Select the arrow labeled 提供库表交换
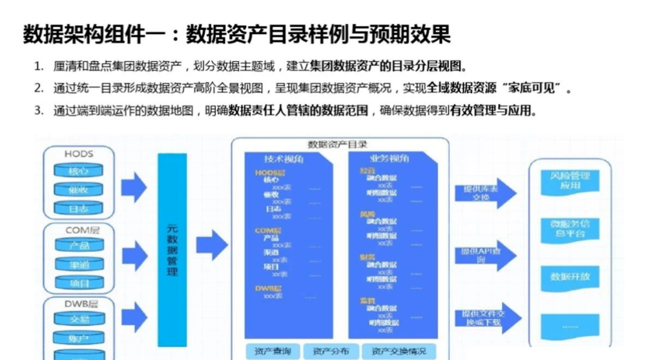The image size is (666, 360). [485, 193]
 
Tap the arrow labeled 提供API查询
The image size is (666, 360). [485, 255]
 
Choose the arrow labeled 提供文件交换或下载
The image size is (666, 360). [485, 318]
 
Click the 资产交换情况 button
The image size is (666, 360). [399, 351]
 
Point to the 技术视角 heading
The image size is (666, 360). [284, 158]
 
